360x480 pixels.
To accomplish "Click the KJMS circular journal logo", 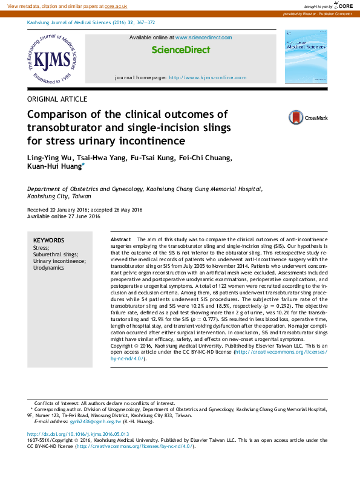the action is click(53, 59).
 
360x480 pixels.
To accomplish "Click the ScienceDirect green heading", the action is click(180, 50).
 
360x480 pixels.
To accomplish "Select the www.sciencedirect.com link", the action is click(203, 37).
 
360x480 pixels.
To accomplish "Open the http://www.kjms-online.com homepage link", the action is click(208, 77).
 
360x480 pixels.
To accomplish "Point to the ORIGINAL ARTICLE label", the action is click(57, 99).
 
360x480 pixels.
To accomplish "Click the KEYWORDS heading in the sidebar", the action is click(48, 240).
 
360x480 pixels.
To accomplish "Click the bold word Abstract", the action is click(121, 240).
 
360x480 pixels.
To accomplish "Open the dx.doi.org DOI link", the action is click(79, 434).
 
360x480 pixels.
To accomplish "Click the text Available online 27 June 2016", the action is click(64, 216).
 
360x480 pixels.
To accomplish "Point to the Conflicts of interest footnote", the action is click(97, 403).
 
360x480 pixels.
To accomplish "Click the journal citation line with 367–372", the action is click(91, 22).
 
